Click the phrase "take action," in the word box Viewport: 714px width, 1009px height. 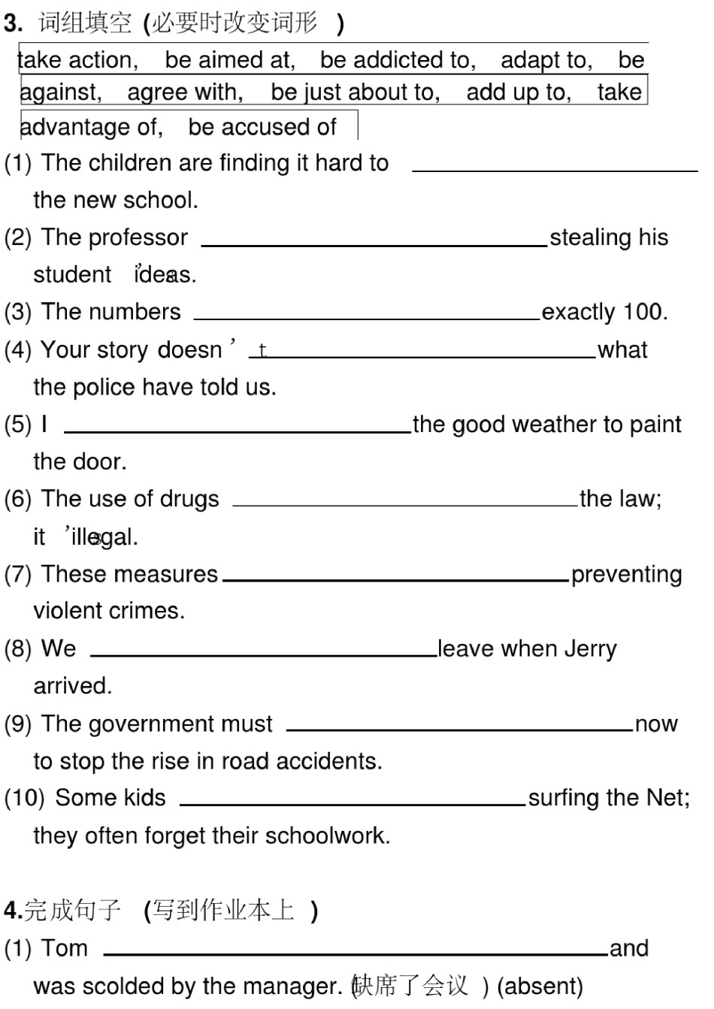pyautogui.click(x=78, y=60)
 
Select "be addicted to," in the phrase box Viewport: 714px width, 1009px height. pyautogui.click(x=398, y=60)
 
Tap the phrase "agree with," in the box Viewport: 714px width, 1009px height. pyautogui.click(x=185, y=92)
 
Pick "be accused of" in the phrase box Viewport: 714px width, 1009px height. pyautogui.click(x=262, y=127)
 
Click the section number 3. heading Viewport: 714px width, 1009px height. pyautogui.click(x=14, y=24)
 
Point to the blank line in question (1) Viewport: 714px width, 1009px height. pyautogui.click(x=555, y=171)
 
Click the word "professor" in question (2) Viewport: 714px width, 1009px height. pyautogui.click(x=141, y=237)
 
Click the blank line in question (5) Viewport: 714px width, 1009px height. pyautogui.click(x=237, y=431)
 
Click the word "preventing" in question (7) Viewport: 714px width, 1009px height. pyautogui.click(x=626, y=575)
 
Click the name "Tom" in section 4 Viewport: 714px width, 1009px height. pyautogui.click(x=64, y=948)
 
